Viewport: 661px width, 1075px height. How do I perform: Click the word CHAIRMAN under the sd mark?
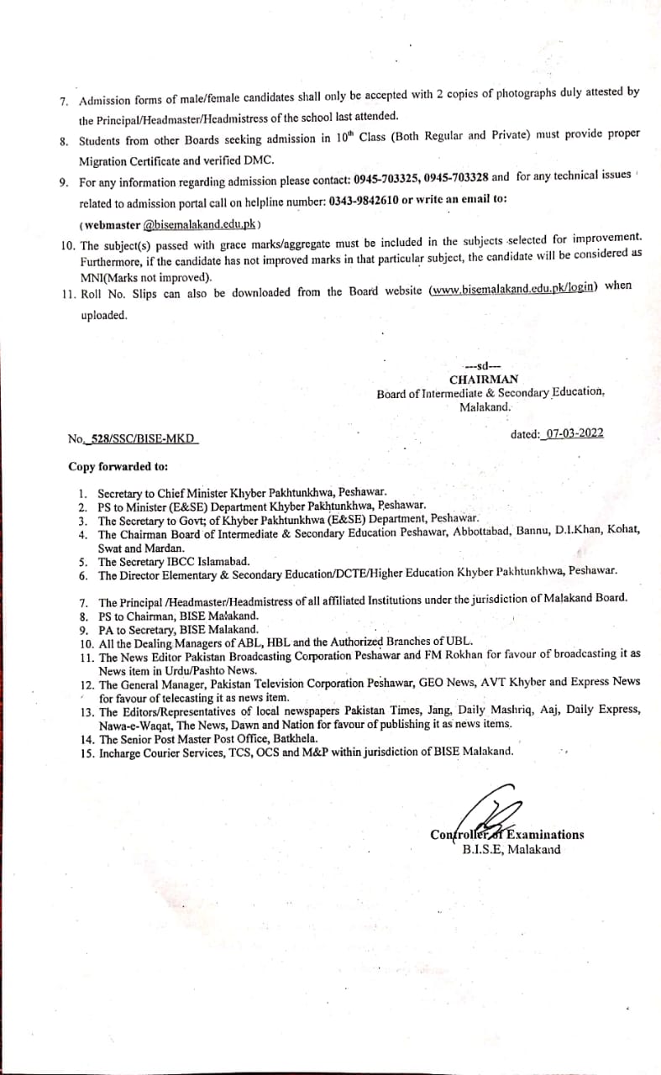point(483,380)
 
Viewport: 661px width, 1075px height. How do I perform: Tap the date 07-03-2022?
point(574,433)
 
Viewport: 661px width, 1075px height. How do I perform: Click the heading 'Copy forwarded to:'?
point(118,465)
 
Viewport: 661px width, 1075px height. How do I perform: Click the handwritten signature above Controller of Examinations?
point(491,809)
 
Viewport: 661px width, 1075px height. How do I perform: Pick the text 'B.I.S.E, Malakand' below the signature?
point(511,849)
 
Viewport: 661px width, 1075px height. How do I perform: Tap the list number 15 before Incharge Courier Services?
point(86,752)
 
